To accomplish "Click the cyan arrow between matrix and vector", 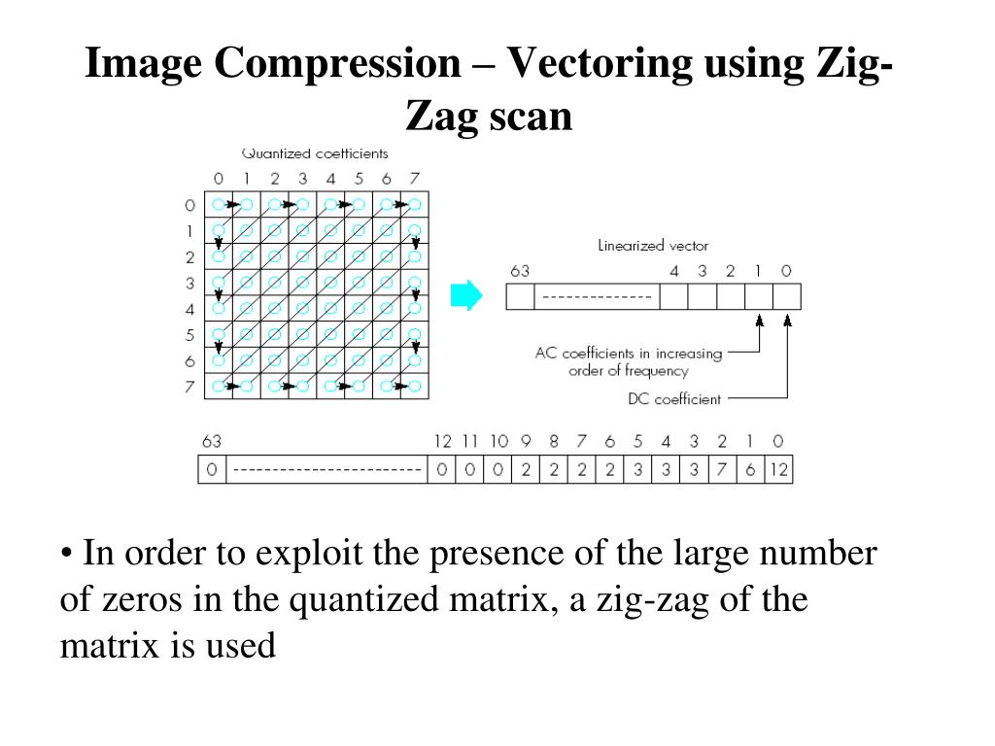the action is click(466, 295).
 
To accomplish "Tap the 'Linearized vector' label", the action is click(653, 246).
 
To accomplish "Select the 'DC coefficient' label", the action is click(674, 398).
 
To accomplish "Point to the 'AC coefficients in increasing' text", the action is click(629, 354).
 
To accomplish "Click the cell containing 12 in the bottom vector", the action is click(778, 471).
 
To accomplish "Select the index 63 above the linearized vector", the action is click(520, 271).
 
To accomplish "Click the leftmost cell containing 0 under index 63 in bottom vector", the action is click(212, 471).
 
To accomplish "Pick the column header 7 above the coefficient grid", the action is click(415, 179).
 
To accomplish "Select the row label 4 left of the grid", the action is click(189, 309).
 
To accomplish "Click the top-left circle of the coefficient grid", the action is click(219, 205).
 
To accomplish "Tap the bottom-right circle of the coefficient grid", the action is click(415, 386).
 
